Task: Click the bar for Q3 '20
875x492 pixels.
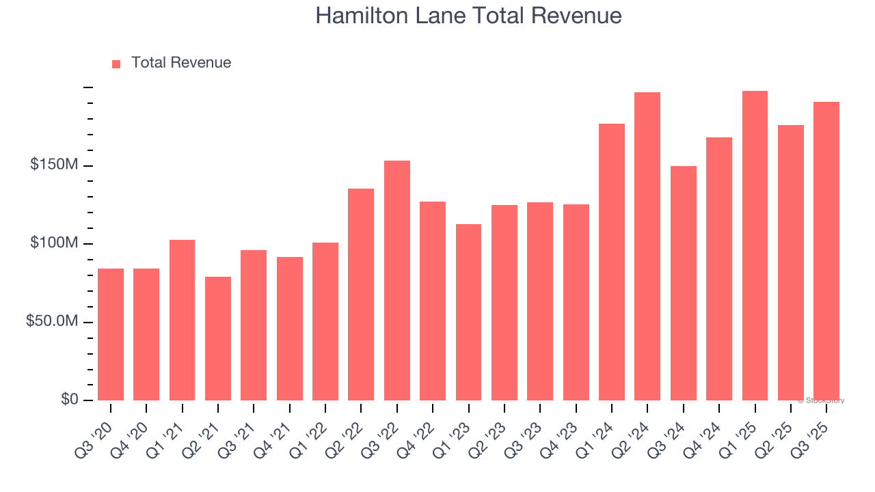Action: click(x=111, y=334)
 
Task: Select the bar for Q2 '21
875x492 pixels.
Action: click(x=218, y=338)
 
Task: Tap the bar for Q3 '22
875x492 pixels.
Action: click(x=397, y=280)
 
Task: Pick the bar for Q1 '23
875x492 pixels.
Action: click(x=468, y=312)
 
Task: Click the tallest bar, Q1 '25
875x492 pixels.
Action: click(x=755, y=245)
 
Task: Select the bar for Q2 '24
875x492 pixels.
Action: click(x=647, y=246)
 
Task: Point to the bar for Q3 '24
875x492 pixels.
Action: click(x=683, y=283)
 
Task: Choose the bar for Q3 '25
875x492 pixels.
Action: click(x=826, y=251)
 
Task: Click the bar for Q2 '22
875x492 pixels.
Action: click(x=361, y=295)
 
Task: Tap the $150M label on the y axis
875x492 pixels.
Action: click(x=54, y=165)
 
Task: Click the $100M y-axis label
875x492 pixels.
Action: click(x=54, y=244)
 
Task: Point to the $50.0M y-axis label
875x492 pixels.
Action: click(x=51, y=322)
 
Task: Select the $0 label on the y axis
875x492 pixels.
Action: click(x=69, y=400)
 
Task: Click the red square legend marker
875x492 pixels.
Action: click(x=116, y=64)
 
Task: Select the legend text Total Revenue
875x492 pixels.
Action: click(x=181, y=63)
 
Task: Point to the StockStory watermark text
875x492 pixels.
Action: click(x=822, y=400)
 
